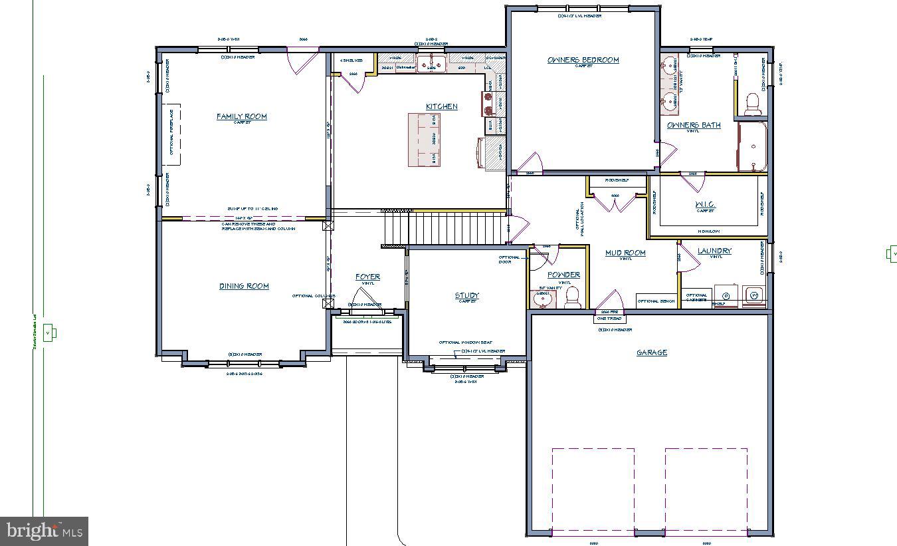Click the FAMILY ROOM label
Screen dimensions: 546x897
(x=242, y=116)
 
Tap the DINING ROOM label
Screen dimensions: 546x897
(x=244, y=286)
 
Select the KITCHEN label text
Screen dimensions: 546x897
(x=442, y=106)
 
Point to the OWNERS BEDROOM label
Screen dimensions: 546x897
(x=583, y=60)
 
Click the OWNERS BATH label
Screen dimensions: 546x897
(x=694, y=125)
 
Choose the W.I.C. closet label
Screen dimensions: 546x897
(x=704, y=204)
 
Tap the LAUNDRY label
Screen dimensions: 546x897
(x=714, y=251)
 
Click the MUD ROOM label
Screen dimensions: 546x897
(x=625, y=253)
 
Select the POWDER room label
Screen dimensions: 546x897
(x=563, y=275)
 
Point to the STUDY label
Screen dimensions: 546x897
(x=466, y=295)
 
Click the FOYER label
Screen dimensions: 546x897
(x=367, y=277)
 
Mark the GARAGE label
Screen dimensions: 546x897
(x=651, y=352)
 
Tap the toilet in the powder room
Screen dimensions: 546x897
(x=572, y=297)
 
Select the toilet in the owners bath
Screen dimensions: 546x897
(x=753, y=104)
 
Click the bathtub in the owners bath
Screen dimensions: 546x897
(x=752, y=146)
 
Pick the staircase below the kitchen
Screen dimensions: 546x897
(x=442, y=228)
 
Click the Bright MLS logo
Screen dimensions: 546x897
(x=44, y=531)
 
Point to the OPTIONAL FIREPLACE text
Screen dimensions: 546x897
(x=171, y=137)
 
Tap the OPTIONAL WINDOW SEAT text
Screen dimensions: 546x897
(x=465, y=342)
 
